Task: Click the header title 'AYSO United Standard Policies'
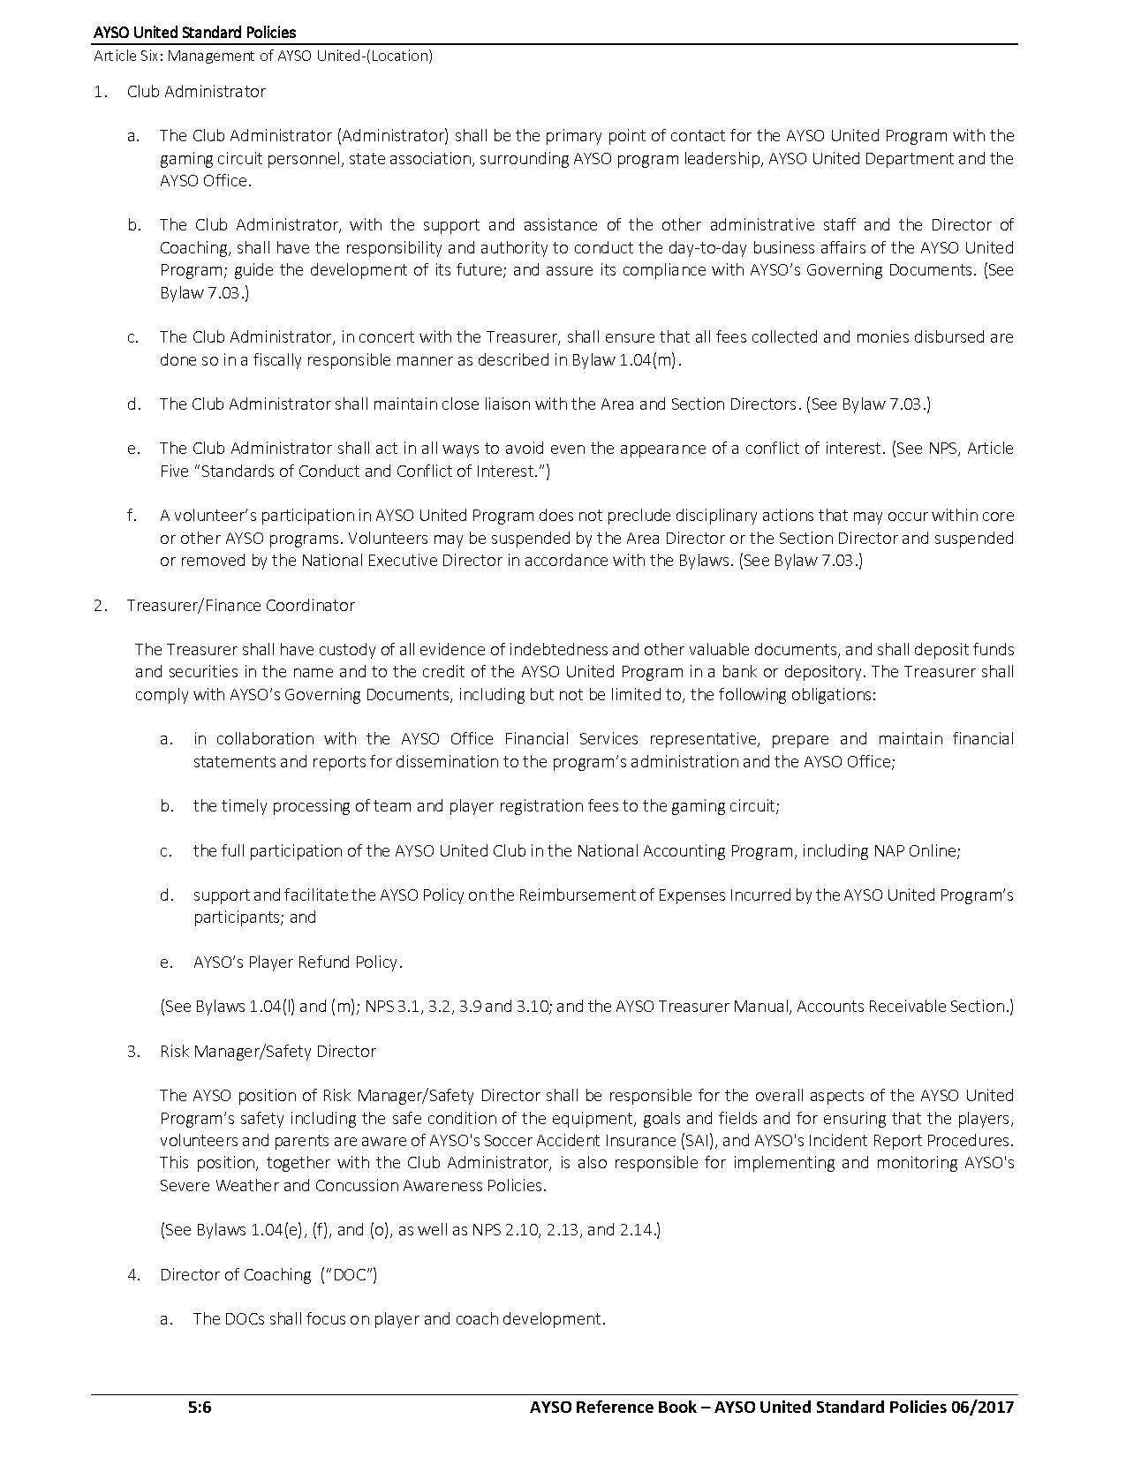195,34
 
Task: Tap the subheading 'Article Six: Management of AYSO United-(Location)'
263,57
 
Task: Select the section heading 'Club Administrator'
196,91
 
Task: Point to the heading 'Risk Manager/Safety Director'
268,1051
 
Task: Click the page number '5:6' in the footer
199,1408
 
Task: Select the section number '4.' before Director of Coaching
133,1274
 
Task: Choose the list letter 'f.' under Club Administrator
132,515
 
